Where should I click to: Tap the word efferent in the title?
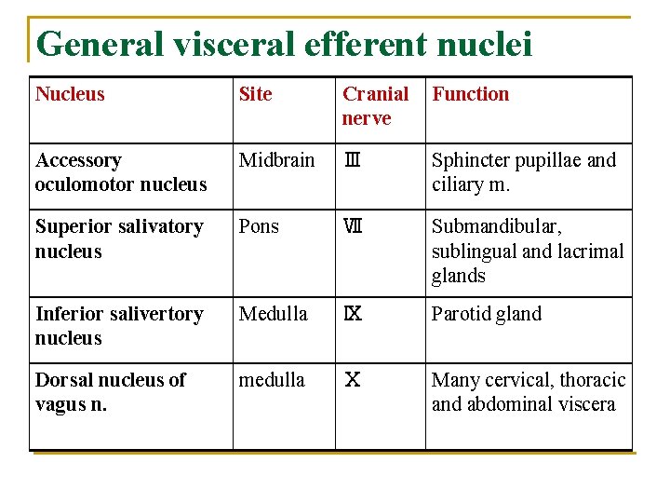(366, 44)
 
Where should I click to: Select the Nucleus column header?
(70, 94)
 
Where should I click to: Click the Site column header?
(256, 94)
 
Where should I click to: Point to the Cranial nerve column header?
(375, 106)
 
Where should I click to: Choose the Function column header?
(471, 94)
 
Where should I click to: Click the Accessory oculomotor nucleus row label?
(121, 172)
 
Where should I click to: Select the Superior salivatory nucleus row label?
(118, 239)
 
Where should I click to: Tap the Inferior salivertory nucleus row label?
(118, 326)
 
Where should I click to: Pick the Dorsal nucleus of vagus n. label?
(110, 392)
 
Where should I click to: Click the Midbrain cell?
(276, 160)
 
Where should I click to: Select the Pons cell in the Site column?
(259, 227)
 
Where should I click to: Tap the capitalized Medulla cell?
(273, 314)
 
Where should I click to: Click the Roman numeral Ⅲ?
(352, 160)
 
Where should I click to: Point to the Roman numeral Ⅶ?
(352, 227)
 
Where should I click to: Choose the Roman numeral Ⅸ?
(353, 314)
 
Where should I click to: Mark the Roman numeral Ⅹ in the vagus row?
(353, 380)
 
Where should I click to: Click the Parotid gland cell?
(487, 314)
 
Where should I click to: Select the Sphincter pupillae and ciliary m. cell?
(524, 172)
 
